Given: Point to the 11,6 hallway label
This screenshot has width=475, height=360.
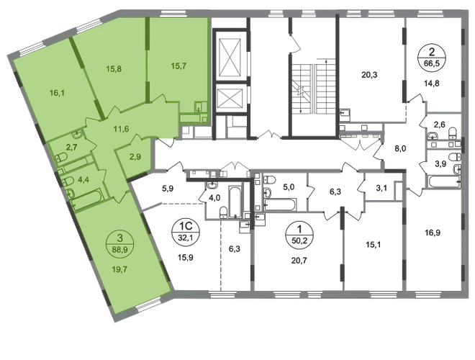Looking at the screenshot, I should pos(121,130).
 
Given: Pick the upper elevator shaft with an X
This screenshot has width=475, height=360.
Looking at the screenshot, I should pos(231,53).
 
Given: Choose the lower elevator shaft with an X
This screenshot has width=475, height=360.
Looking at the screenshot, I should pos(231,96).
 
